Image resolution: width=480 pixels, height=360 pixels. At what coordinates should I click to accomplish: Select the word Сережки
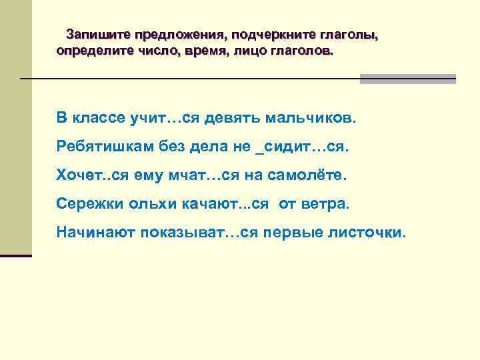coord(85,203)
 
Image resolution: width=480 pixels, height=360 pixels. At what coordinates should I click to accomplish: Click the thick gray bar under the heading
coord(407,79)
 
